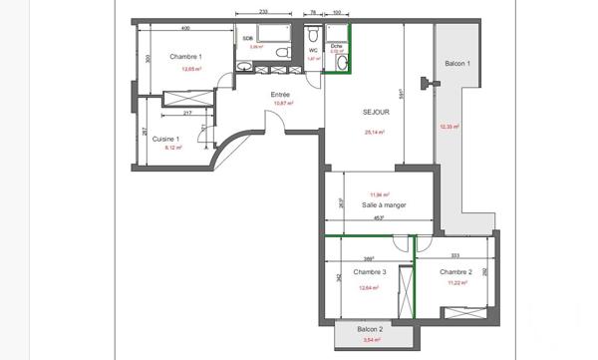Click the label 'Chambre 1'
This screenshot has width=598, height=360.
186,57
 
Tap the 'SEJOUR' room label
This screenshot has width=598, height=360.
376,113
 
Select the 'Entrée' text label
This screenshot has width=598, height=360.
281,95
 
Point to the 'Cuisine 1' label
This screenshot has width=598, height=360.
165,139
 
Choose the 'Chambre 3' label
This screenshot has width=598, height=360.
370,272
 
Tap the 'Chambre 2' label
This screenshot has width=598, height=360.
455,272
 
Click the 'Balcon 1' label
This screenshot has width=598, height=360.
456,63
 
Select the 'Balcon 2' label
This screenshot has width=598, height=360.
370,329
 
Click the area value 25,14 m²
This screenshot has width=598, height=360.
375,132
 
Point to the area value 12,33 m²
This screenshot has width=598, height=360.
448,127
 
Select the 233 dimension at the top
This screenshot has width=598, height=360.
262,11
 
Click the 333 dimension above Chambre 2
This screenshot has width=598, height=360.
454,255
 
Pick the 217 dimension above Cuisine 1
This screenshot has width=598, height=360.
187,114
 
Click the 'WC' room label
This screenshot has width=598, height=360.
313,50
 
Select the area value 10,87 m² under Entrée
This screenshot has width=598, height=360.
282,104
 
